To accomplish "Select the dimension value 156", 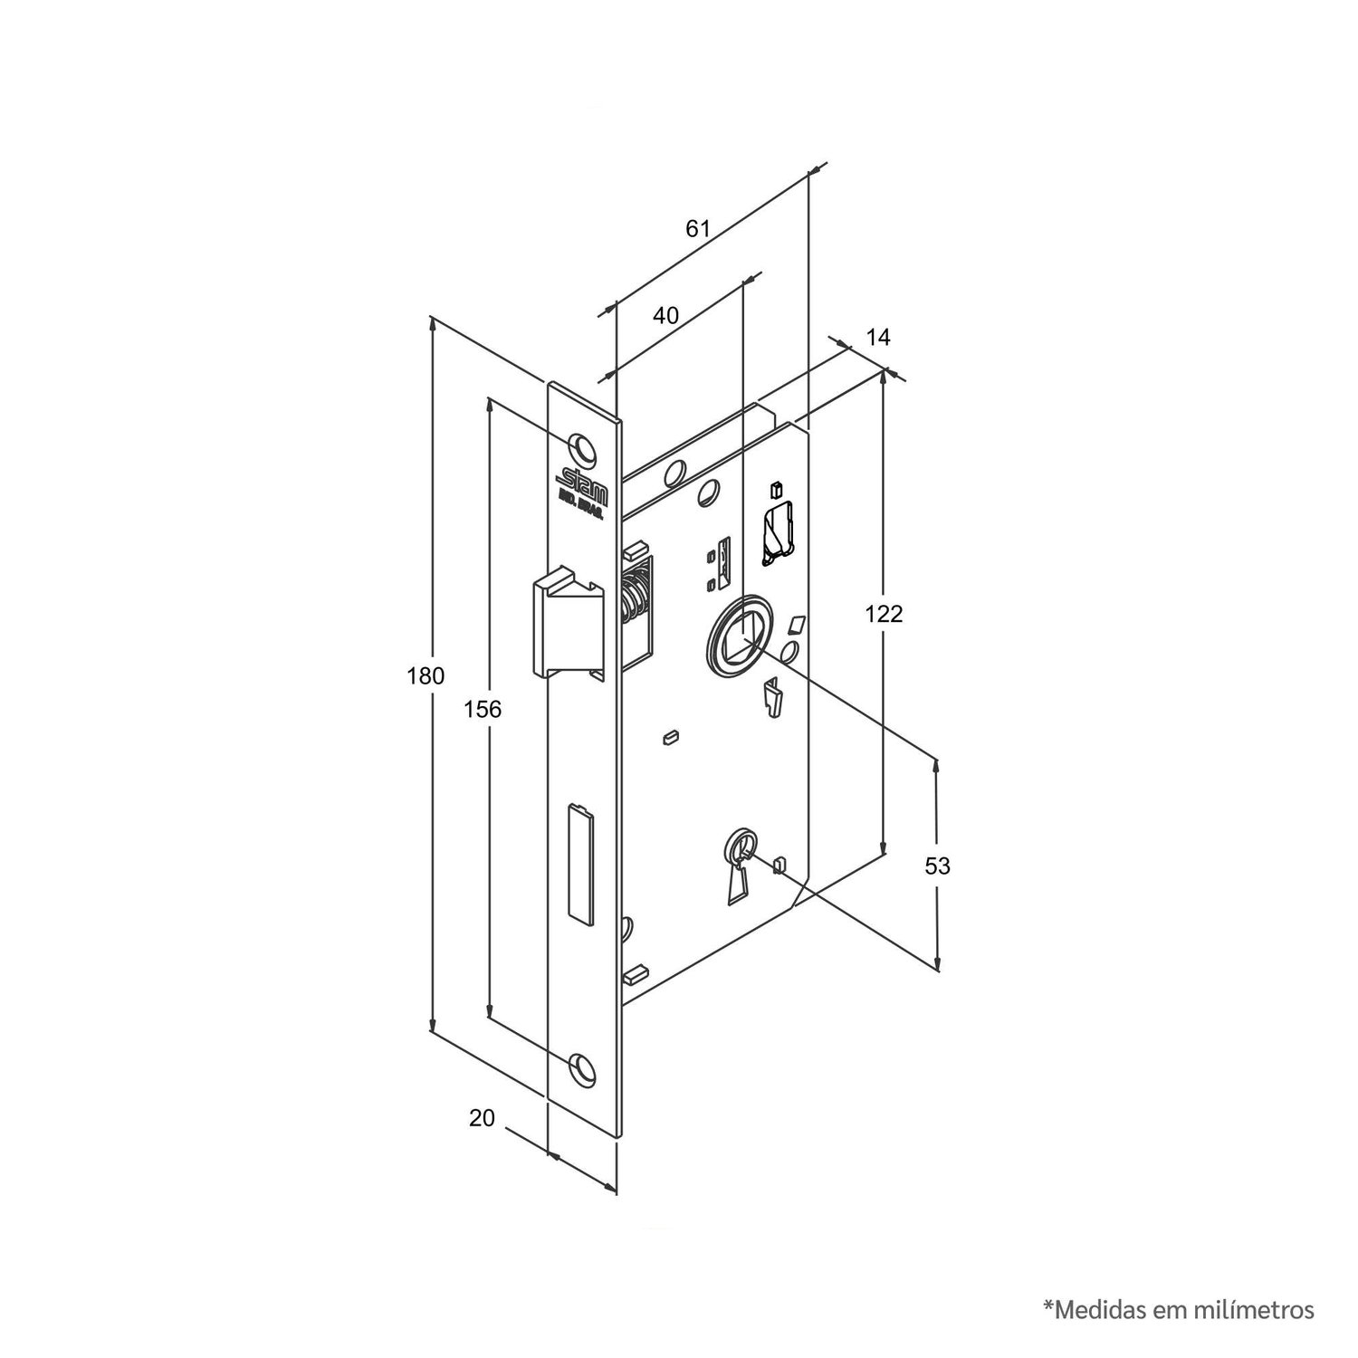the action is click(x=483, y=709).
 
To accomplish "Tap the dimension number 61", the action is click(x=697, y=228).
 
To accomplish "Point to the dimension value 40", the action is click(x=665, y=315).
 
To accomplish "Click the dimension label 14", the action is click(x=878, y=338).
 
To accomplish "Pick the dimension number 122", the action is click(x=885, y=614).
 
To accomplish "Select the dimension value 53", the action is click(x=938, y=865).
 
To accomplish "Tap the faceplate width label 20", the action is click(x=483, y=1118).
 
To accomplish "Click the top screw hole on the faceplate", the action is click(x=583, y=447).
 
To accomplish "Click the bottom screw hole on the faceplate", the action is click(x=583, y=1068).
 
